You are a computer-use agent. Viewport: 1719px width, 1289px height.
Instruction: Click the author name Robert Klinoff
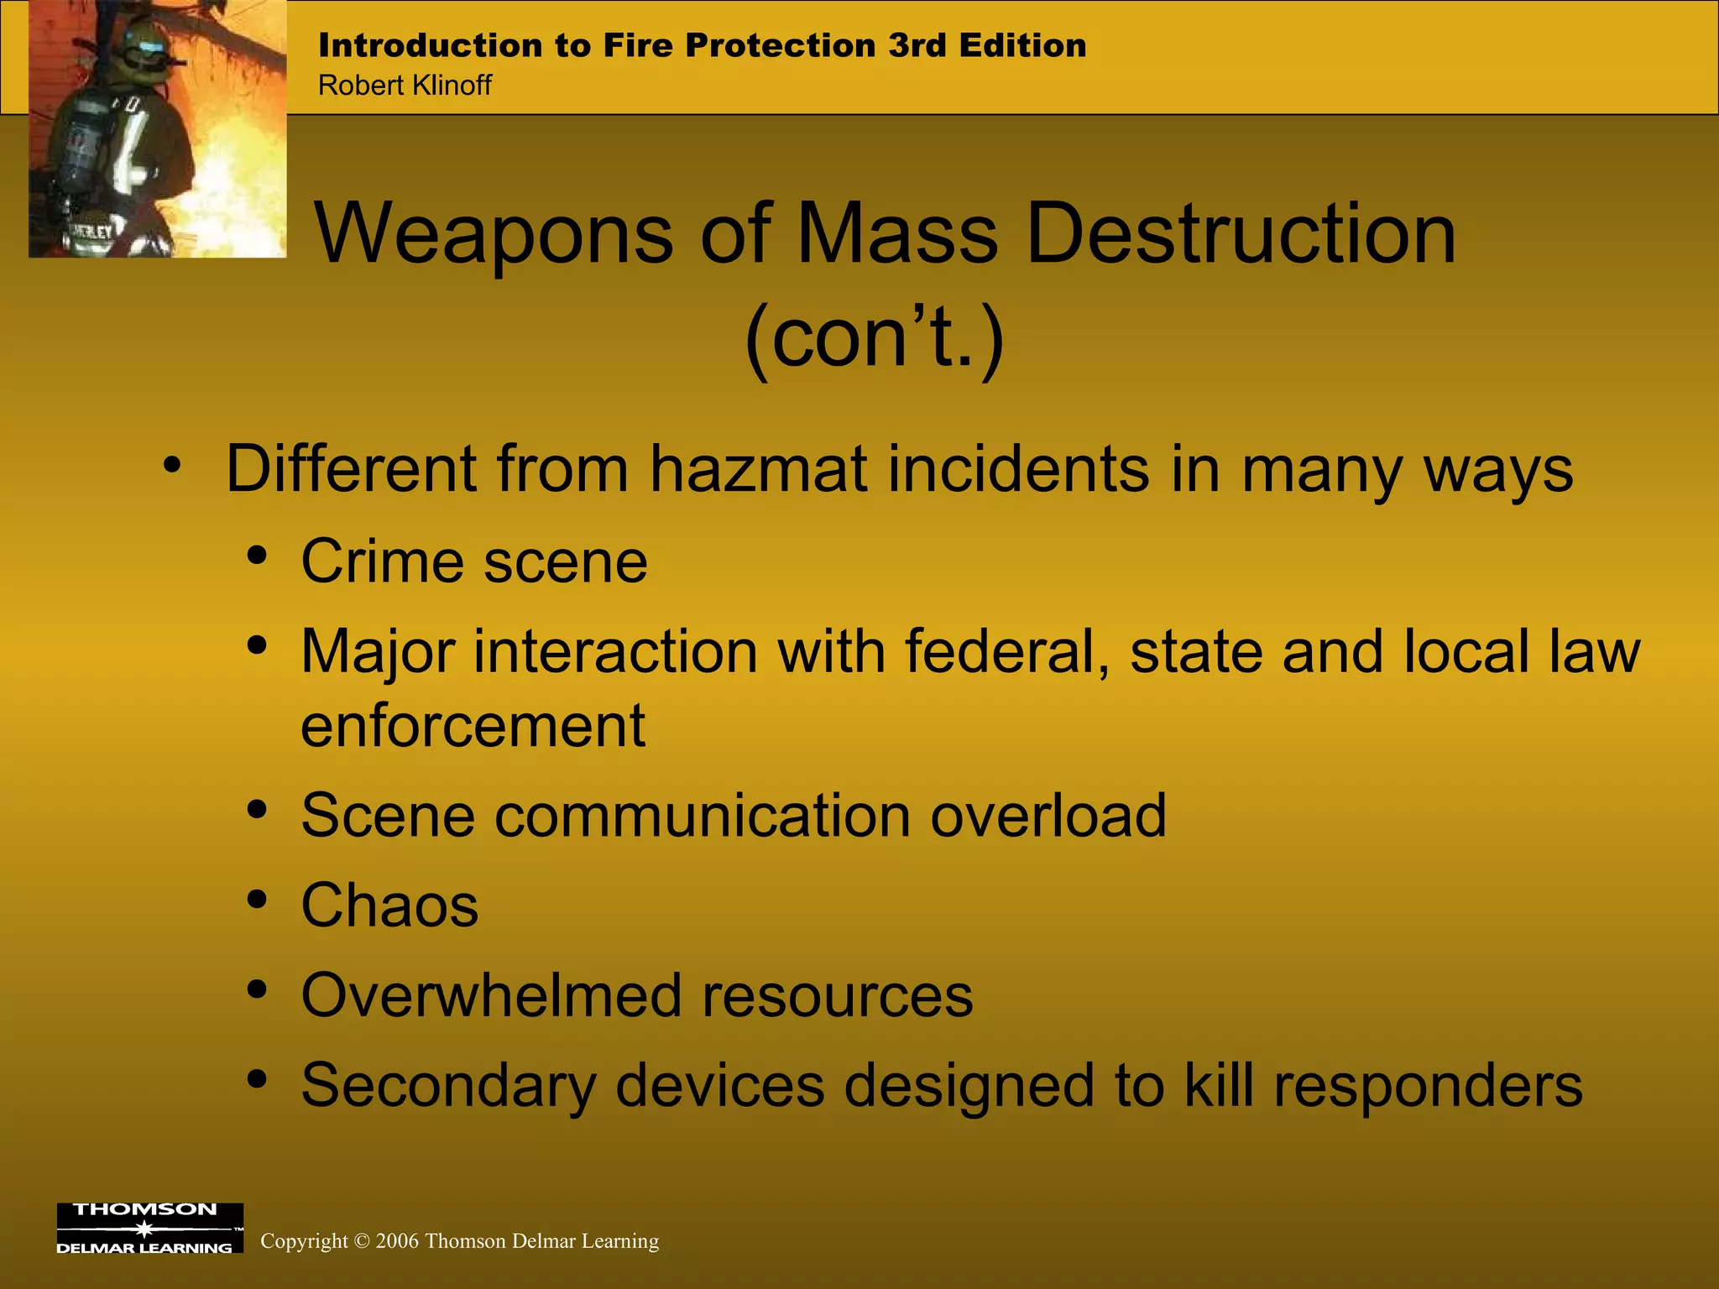[405, 86]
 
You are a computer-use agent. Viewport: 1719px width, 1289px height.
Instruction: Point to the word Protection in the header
[780, 45]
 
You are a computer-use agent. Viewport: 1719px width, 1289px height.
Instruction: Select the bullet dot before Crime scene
[258, 556]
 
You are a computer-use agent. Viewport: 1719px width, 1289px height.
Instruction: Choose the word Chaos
[389, 905]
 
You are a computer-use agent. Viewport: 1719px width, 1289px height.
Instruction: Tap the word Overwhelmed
[492, 995]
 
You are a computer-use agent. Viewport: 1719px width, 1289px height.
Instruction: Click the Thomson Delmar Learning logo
[149, 1228]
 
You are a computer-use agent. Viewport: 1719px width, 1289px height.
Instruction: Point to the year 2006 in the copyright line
[396, 1241]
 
